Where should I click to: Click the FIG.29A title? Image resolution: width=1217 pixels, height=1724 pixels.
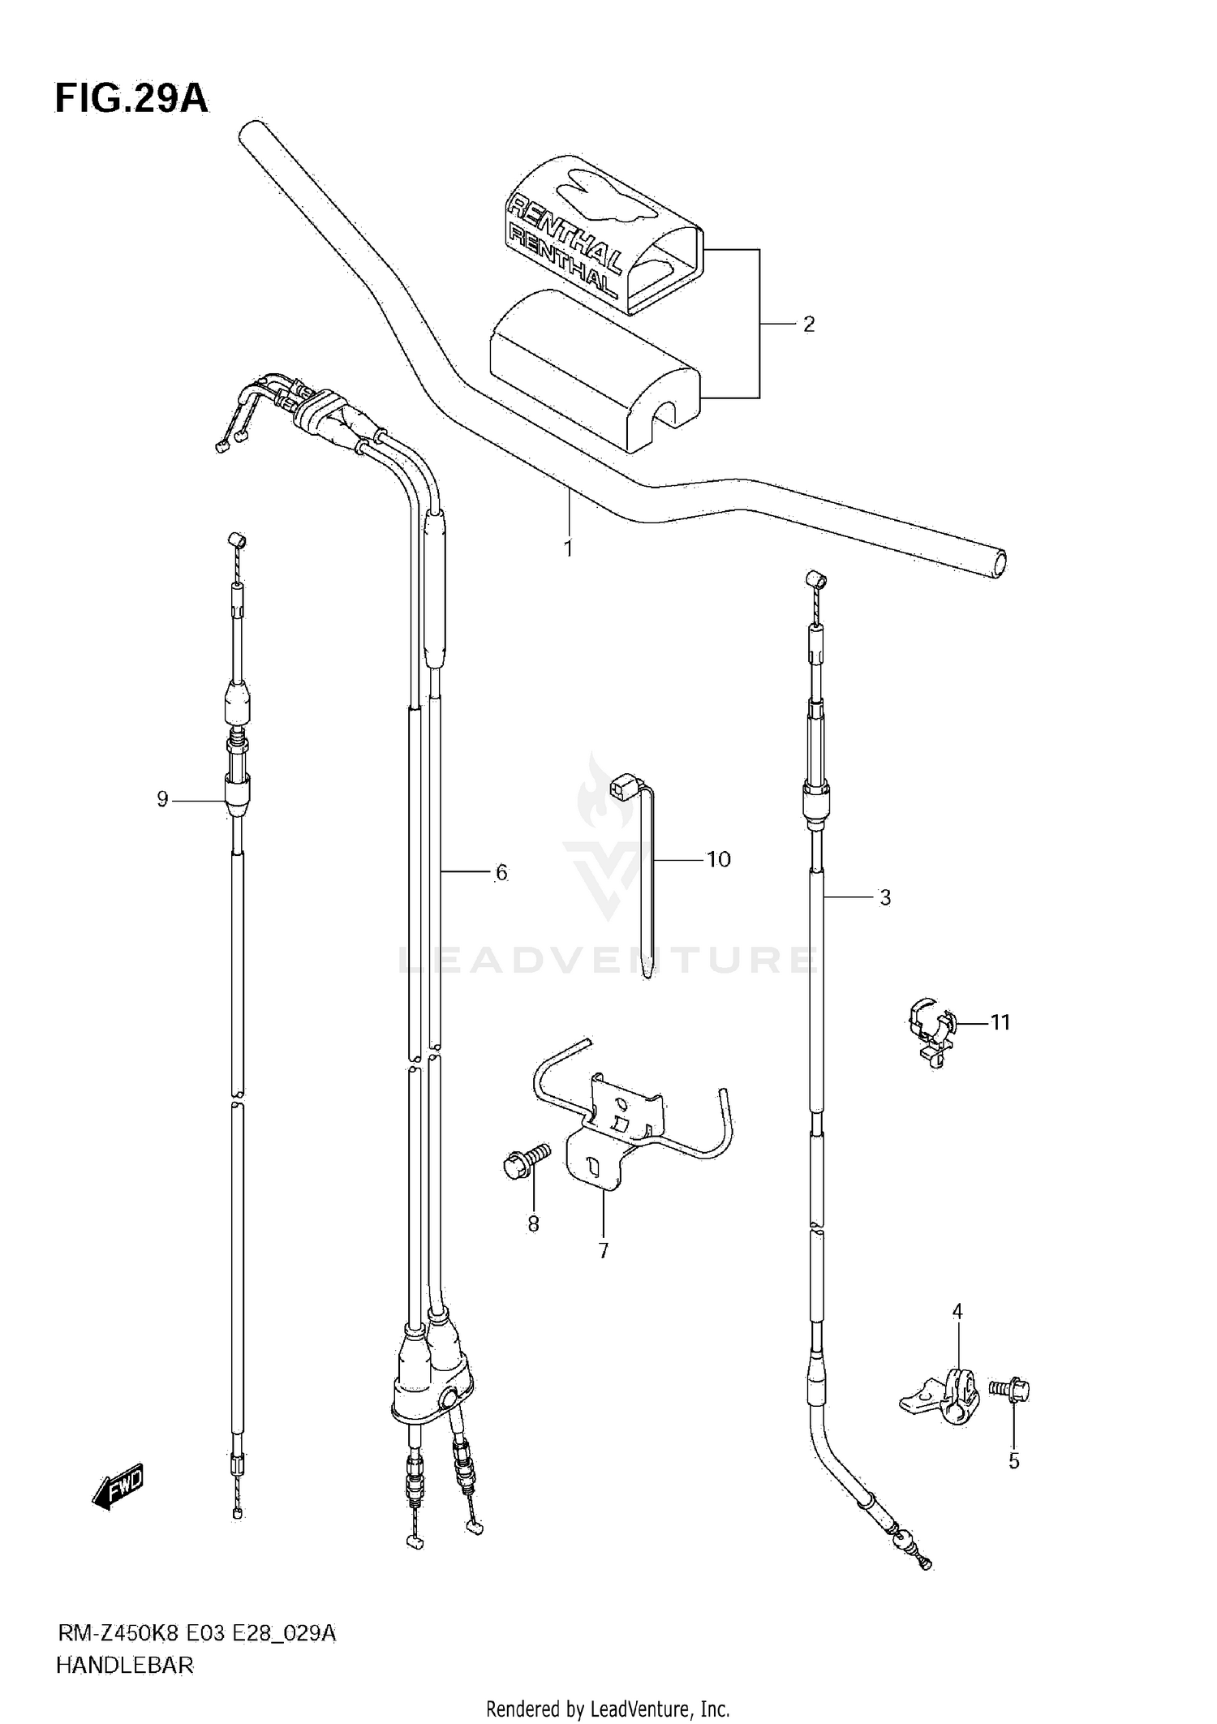point(131,99)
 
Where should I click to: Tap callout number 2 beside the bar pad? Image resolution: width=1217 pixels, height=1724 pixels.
point(808,325)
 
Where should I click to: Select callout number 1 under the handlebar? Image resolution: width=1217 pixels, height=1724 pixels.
point(568,549)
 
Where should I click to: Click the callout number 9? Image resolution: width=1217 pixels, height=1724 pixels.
point(162,800)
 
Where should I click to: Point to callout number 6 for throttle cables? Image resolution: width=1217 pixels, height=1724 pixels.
point(501,873)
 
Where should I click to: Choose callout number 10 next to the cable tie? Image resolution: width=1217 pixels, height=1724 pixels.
point(719,859)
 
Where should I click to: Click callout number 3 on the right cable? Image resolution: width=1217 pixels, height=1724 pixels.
point(885,897)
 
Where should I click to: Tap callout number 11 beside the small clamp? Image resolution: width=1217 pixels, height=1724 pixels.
point(1000,1022)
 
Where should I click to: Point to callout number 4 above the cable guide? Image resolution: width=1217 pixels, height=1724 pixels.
point(957,1311)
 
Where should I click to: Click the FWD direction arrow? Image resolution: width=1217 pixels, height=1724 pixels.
point(118,1486)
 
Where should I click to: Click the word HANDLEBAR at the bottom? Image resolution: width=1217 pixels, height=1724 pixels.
point(125,1666)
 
